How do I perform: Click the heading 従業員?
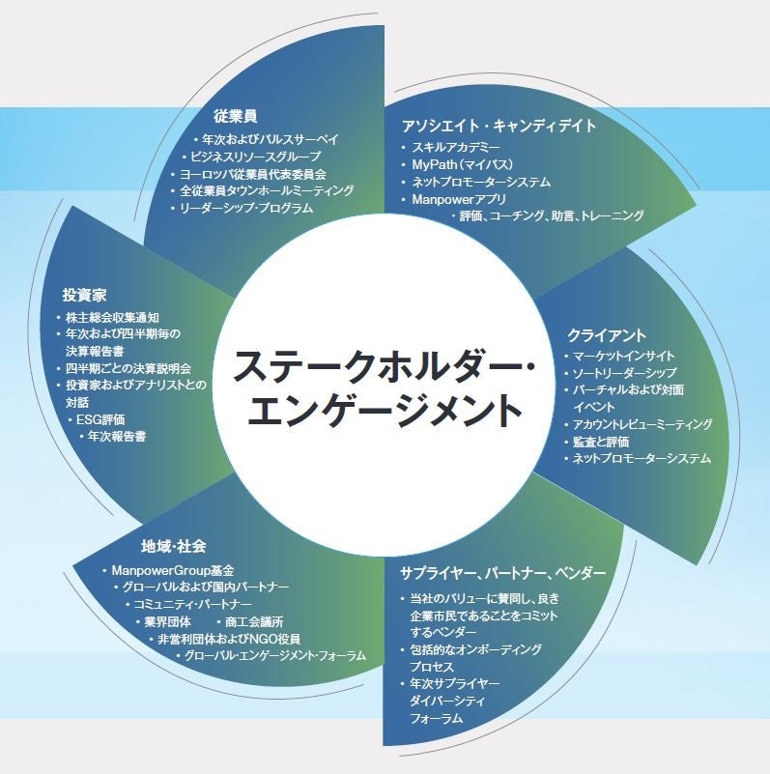(x=235, y=116)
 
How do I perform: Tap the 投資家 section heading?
(x=84, y=294)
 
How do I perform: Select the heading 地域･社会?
(x=172, y=547)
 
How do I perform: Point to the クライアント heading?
(x=605, y=335)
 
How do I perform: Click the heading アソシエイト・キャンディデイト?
(x=498, y=126)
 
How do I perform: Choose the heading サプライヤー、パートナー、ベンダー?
(x=502, y=573)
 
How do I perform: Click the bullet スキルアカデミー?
(x=455, y=147)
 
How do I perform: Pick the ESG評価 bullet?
(x=107, y=419)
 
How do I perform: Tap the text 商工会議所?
(x=256, y=620)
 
